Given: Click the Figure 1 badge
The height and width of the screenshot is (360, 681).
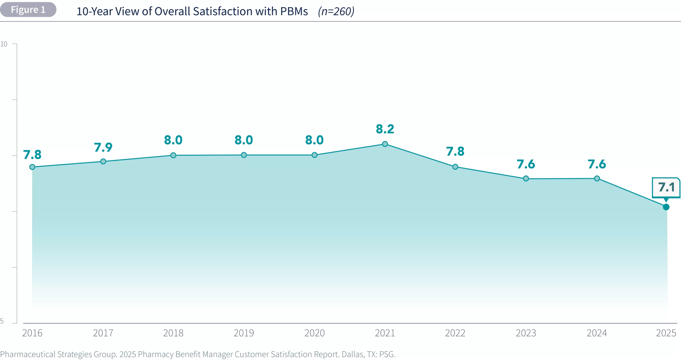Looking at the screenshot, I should click(x=28, y=10).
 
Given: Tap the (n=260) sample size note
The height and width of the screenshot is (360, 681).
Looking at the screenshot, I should click(x=336, y=11).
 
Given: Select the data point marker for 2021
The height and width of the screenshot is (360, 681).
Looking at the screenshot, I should click(x=385, y=144).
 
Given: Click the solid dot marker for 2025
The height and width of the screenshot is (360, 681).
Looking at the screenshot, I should click(x=666, y=207).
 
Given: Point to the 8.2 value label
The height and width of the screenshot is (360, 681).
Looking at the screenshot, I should click(x=385, y=129).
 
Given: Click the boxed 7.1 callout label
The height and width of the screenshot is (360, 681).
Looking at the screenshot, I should click(x=666, y=187).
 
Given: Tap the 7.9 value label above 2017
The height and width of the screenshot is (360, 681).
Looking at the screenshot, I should click(x=103, y=147).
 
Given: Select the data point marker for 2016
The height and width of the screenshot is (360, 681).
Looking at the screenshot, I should click(x=32, y=167).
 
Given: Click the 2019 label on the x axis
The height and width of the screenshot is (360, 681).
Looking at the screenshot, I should click(x=244, y=333).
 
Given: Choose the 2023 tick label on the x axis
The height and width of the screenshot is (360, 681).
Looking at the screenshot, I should click(x=526, y=333).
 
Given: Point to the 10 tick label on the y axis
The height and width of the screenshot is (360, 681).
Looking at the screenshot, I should click(x=4, y=44).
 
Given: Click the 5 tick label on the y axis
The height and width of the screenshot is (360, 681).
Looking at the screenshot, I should click(x=2, y=321).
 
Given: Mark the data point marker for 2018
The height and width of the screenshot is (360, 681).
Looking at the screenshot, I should click(x=173, y=155).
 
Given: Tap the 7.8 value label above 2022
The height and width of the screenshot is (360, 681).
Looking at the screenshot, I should click(x=455, y=151).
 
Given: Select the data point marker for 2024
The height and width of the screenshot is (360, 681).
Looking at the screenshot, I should click(x=597, y=178).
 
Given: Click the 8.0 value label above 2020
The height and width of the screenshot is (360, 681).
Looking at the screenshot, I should click(x=314, y=140).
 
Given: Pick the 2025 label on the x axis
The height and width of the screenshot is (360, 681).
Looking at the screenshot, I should click(x=666, y=333).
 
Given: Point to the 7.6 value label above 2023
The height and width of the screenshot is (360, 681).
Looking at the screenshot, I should click(x=526, y=164).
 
